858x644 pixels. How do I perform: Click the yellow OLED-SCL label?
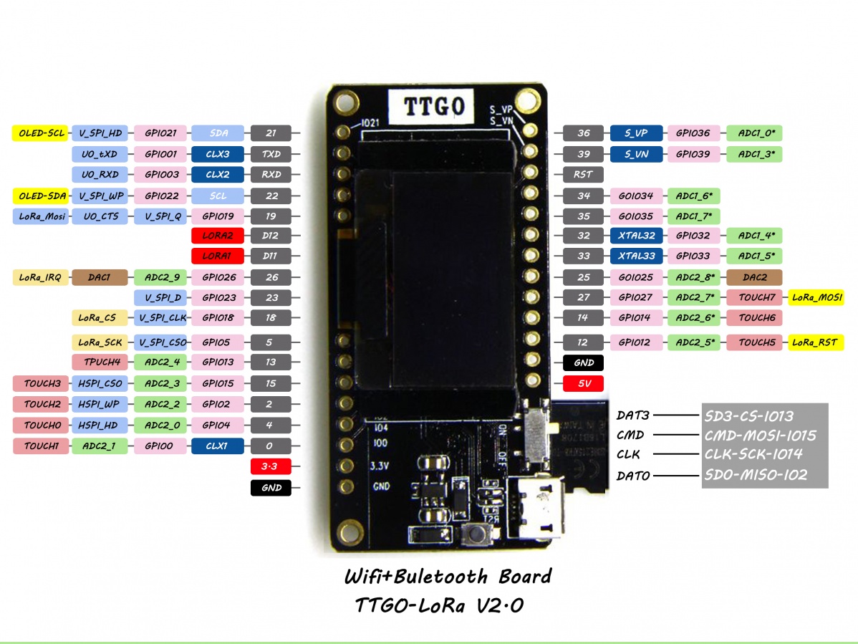pos(40,133)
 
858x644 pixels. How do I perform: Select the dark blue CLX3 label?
pos(218,154)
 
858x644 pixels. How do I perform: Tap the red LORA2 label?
pos(218,236)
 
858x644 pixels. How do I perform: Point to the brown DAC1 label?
pos(99,277)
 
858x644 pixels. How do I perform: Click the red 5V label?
pos(584,383)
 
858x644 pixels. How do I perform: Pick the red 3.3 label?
pos(271,467)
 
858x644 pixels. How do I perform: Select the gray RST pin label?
pos(583,174)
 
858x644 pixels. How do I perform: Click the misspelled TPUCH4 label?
pos(100,362)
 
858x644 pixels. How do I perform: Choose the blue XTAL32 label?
pos(636,236)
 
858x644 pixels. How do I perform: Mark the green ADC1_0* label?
pos(756,133)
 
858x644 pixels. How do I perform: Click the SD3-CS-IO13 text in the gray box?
pos(749,416)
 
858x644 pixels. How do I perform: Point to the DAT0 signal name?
pos(633,476)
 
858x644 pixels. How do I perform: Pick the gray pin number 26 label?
pos(271,277)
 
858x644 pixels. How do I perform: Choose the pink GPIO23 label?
pos(218,297)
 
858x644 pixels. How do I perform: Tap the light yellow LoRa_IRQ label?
pos(40,277)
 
